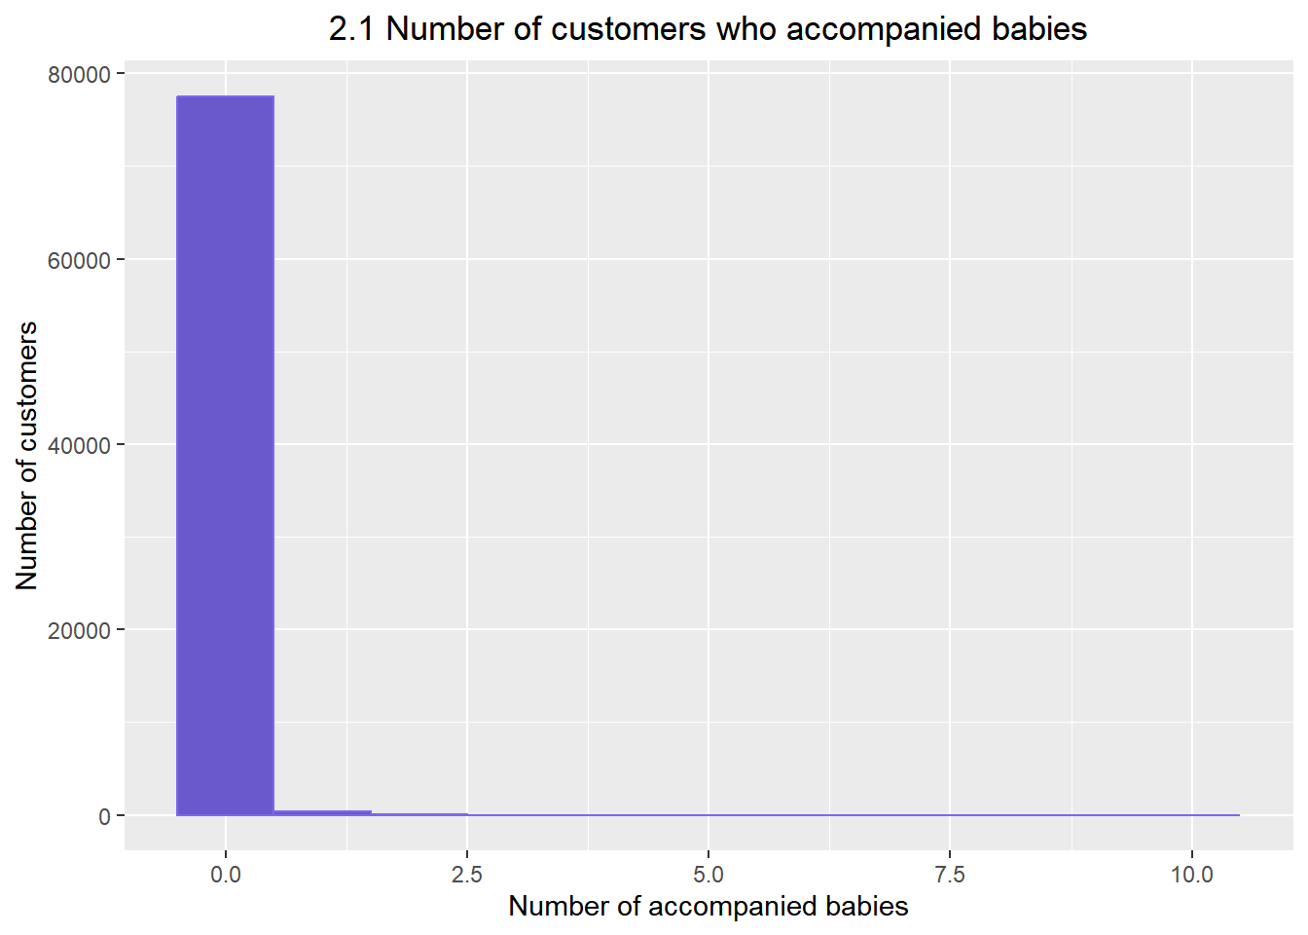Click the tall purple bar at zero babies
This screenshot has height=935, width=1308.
pos(225,455)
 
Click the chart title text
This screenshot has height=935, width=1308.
pos(708,29)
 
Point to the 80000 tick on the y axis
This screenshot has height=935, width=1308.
pos(79,75)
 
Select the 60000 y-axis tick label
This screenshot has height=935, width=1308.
pos(79,260)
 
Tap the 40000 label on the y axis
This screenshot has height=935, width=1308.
pos(79,445)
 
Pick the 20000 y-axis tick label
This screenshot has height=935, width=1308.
pos(79,631)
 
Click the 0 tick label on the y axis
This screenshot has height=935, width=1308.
pos(104,816)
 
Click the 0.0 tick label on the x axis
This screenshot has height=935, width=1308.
pos(225,874)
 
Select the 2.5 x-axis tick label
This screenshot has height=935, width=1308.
pos(467,874)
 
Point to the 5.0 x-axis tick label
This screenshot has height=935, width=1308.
pos(708,874)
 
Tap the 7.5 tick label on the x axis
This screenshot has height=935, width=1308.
pos(950,874)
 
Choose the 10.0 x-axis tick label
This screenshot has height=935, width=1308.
pos(1191,874)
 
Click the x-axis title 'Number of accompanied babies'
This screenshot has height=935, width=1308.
pos(708,907)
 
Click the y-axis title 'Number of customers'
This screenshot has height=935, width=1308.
pos(27,455)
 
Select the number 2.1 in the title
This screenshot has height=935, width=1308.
pos(352,29)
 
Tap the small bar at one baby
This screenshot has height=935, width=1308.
pos(322,812)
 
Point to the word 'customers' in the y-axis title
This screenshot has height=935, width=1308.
pos(27,399)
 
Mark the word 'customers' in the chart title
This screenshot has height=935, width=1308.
pos(629,29)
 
